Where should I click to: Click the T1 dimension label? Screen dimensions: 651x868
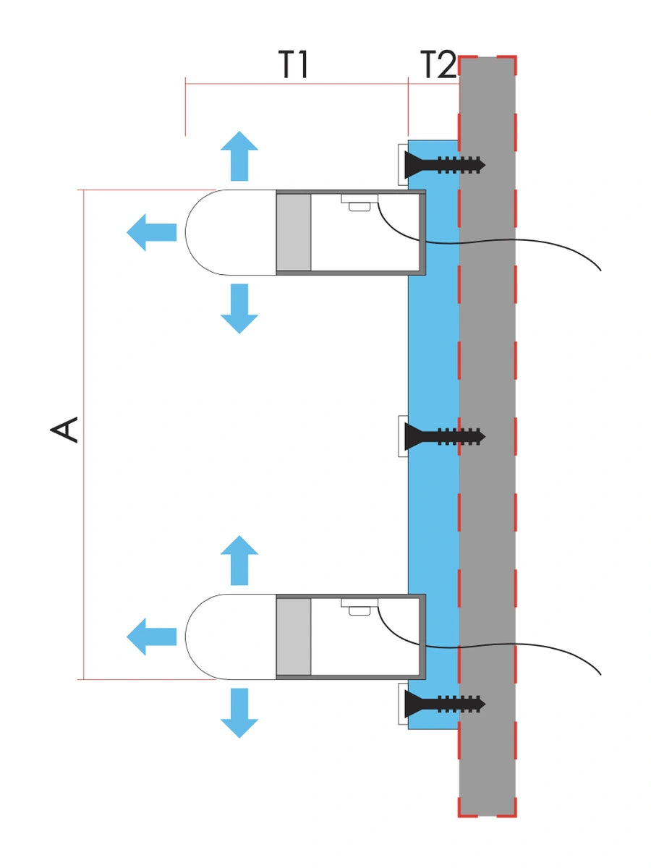(293, 64)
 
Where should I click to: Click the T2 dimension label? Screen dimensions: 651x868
(438, 64)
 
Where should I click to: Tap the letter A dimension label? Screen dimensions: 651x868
(64, 430)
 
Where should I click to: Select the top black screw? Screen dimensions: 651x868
(445, 165)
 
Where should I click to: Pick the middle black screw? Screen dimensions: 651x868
(445, 437)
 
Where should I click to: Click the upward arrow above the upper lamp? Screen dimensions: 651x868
(239, 156)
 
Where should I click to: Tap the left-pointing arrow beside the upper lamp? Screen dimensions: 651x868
(151, 232)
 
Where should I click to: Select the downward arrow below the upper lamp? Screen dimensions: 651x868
(239, 309)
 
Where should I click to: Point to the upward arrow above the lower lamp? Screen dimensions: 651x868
(239, 561)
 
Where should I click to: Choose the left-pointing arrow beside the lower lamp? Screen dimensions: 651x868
(151, 637)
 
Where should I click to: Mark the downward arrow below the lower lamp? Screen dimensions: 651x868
(239, 713)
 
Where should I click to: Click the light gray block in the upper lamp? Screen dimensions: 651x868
(293, 232)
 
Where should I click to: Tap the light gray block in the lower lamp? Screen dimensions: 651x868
(293, 637)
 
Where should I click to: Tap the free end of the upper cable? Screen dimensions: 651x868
(600, 271)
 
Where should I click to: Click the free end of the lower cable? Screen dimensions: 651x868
(600, 675)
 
